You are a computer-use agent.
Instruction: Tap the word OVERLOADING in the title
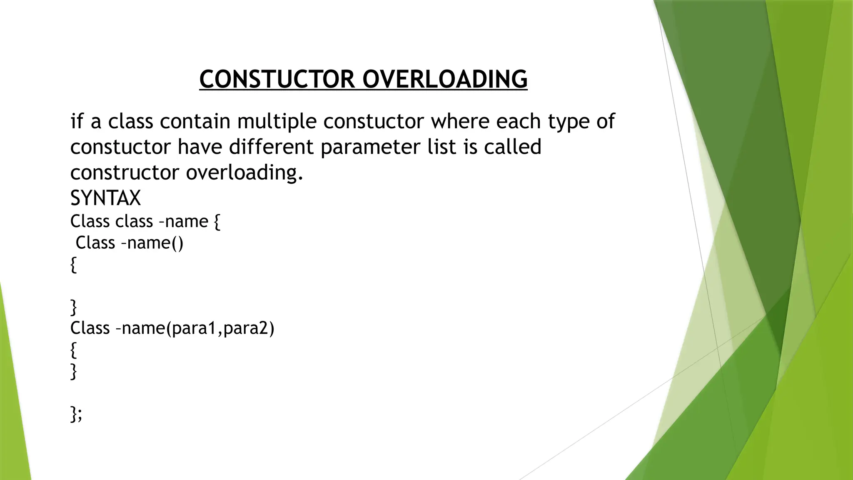[x=445, y=79]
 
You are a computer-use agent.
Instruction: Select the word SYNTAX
[x=105, y=198]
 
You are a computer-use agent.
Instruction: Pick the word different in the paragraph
[x=271, y=147]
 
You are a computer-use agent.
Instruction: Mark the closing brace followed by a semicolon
[x=76, y=414]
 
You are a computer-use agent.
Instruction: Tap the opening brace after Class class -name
[x=217, y=221]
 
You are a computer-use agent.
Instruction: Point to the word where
[x=460, y=122]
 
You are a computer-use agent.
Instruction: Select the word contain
[x=195, y=122]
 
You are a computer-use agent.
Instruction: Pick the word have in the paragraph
[x=200, y=147]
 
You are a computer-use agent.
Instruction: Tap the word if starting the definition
[x=77, y=122]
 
